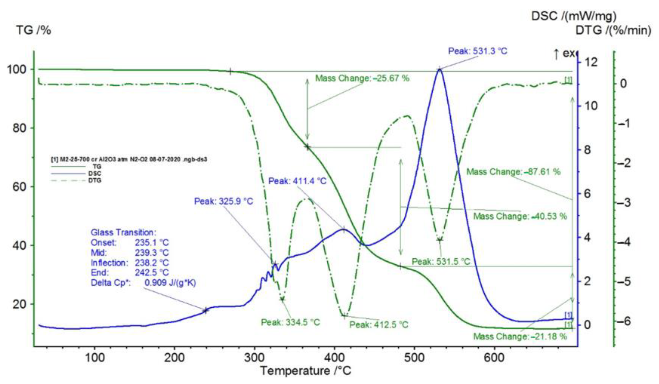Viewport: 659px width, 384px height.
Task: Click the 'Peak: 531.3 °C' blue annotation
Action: click(x=478, y=51)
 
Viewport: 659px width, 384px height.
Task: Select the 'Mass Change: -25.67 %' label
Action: click(x=362, y=78)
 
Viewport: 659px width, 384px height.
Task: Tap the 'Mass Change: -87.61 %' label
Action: click(x=514, y=172)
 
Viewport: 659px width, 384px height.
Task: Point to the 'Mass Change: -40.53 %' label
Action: click(x=520, y=216)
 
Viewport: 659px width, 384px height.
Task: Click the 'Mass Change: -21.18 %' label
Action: click(x=520, y=337)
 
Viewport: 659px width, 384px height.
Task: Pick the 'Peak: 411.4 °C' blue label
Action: click(x=298, y=181)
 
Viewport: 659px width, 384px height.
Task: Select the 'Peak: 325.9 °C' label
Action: click(x=224, y=201)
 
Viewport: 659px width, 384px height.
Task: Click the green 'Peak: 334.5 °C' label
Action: click(x=290, y=322)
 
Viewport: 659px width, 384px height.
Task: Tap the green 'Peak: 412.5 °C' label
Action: click(x=379, y=325)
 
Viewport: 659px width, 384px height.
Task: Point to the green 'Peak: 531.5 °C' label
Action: click(x=441, y=261)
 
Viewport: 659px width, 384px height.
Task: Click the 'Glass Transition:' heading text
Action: click(x=123, y=232)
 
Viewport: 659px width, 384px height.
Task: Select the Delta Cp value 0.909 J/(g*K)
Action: click(x=170, y=283)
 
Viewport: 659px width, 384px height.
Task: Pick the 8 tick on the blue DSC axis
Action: click(x=587, y=150)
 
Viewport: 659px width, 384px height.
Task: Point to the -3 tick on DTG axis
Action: click(x=624, y=203)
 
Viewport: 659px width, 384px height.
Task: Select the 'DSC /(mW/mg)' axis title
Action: click(x=574, y=16)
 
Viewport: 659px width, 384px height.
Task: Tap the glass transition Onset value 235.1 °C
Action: click(x=152, y=243)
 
